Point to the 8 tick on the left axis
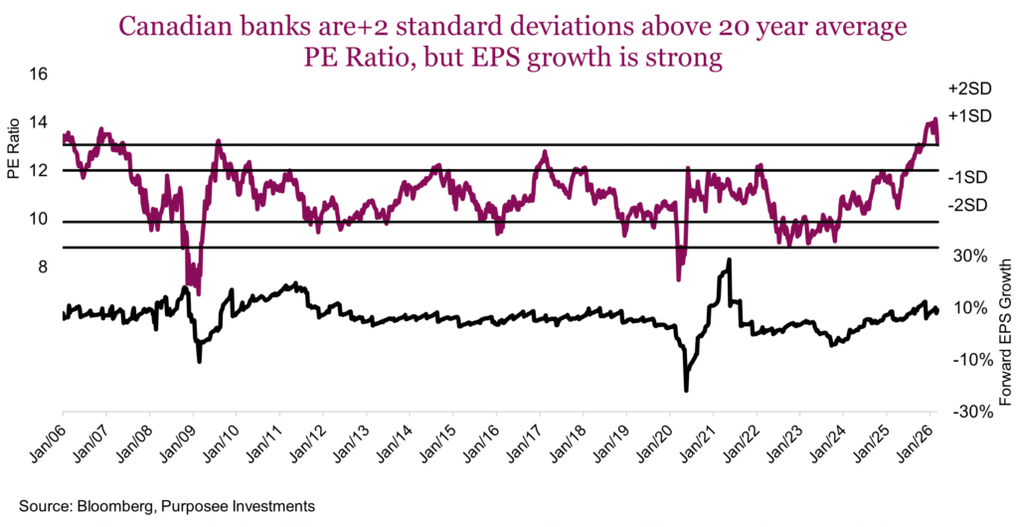pyautogui.click(x=42, y=266)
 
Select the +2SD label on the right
pyautogui.click(x=971, y=88)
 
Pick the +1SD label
pyautogui.click(x=971, y=115)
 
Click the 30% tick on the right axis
pyautogui.click(x=969, y=256)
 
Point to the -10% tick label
pyautogui.click(x=967, y=359)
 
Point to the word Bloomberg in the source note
pyautogui.click(x=110, y=506)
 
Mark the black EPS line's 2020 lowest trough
pyautogui.click(x=686, y=390)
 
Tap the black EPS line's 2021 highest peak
pyautogui.click(x=729, y=261)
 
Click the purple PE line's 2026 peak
pyautogui.click(x=934, y=120)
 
